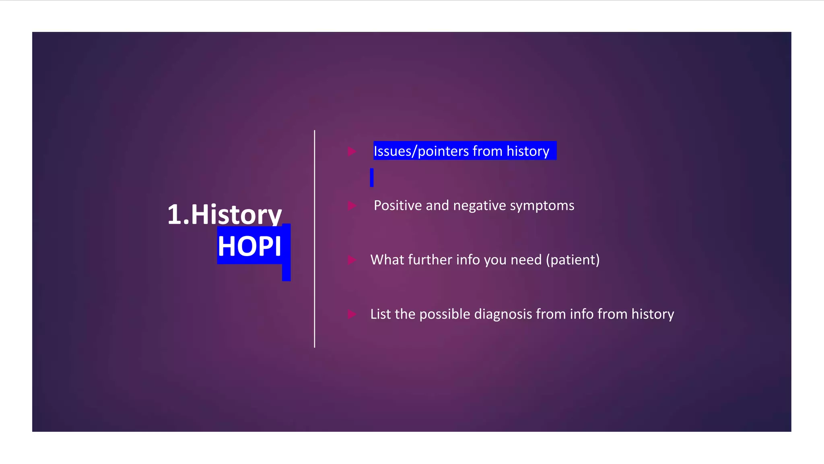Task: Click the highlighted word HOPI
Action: click(x=249, y=246)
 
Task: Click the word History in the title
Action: click(x=236, y=214)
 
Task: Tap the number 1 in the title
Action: click(x=174, y=214)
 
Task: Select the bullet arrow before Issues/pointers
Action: click(x=352, y=151)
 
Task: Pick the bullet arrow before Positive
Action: click(x=352, y=206)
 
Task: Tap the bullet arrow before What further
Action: click(x=352, y=260)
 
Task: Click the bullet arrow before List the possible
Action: click(x=352, y=314)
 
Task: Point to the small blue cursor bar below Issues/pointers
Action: click(x=372, y=178)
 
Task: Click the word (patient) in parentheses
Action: click(x=573, y=260)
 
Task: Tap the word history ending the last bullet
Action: click(x=652, y=314)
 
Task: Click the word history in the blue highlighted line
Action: click(x=527, y=151)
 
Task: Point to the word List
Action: click(x=380, y=314)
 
